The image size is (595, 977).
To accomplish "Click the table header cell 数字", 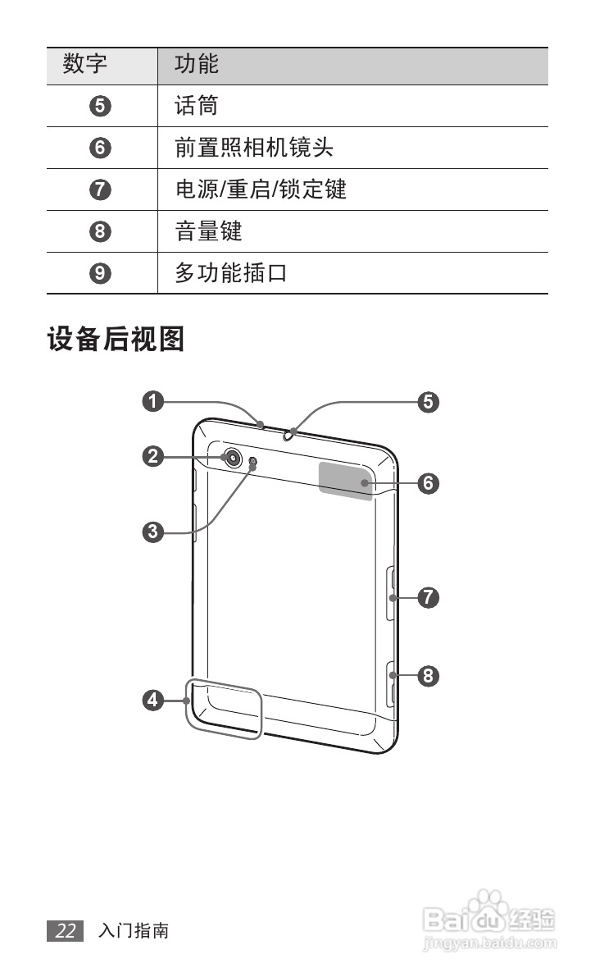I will tap(85, 64).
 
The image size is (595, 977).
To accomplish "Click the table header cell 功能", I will tap(197, 64).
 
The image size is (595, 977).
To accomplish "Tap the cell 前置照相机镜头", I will tap(254, 148).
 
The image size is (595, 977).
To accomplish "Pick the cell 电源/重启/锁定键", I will tap(261, 189).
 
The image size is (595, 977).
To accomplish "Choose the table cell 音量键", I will tap(209, 231).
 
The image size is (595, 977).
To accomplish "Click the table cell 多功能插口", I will tap(231, 273).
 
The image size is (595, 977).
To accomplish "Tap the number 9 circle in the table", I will tap(100, 273).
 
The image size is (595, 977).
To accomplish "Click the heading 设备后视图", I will tap(116, 339).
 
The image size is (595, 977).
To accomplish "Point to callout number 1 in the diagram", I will tap(152, 401).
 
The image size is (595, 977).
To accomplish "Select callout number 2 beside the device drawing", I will tap(152, 456).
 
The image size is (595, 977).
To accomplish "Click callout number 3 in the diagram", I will tap(152, 532).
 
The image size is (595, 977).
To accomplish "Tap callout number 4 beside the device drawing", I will tap(152, 700).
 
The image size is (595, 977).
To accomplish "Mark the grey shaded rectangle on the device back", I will tap(346, 477).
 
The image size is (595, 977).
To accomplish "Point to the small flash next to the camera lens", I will tap(252, 463).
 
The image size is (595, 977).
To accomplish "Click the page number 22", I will tap(66, 931).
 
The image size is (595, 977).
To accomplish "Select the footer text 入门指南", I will tap(134, 931).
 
